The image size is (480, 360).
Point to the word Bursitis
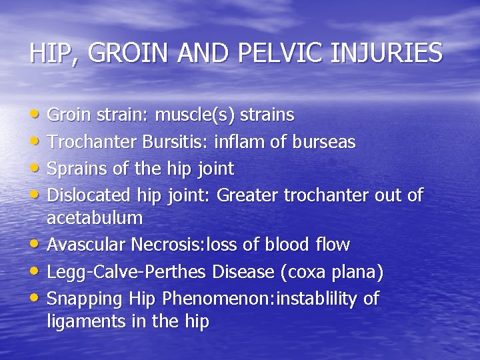[160, 142]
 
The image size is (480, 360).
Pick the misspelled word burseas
[325, 142]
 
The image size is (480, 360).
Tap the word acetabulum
[95, 217]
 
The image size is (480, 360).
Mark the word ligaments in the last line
[79, 321]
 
